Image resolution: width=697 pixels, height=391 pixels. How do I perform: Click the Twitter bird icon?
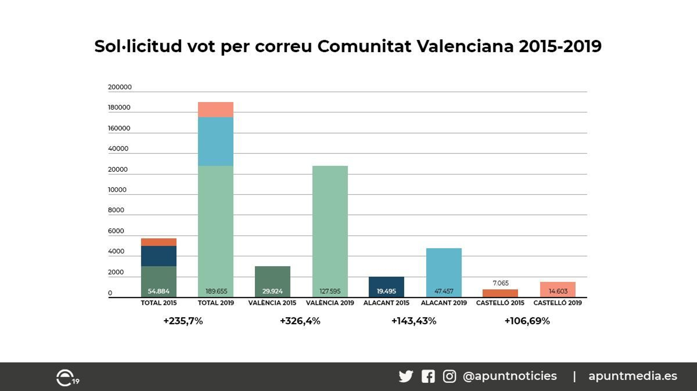pos(406,376)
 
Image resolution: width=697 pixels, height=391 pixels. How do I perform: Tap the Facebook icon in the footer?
pos(428,376)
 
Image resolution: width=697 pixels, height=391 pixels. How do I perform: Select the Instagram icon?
pos(449,376)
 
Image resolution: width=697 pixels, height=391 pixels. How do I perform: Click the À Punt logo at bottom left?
pos(67,378)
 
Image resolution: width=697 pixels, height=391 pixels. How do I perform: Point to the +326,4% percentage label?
pos(300,321)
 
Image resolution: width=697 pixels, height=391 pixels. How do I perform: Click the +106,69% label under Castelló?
pos(527,321)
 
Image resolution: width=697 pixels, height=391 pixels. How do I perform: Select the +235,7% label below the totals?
pos(183,321)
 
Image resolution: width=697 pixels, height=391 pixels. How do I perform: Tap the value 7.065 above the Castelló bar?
pos(501,283)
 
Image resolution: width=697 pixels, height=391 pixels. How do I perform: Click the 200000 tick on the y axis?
pos(119,87)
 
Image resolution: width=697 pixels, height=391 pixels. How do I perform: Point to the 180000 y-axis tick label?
pos(119,107)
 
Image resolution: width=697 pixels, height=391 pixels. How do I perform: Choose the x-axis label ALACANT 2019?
pos(443,303)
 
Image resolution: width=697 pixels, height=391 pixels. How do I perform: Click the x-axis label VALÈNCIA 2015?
pos(272,303)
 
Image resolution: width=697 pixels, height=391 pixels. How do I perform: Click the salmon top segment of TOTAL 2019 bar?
pos(216,110)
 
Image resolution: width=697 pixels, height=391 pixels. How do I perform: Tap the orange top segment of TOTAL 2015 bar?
pos(159,242)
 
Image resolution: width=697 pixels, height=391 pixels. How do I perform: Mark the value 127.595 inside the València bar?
pos(330,291)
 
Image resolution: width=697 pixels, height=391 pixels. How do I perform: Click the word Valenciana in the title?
pos(465,46)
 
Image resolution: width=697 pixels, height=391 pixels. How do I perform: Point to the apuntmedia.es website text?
pos(633,376)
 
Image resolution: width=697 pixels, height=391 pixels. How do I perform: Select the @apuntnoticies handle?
pos(510,376)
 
